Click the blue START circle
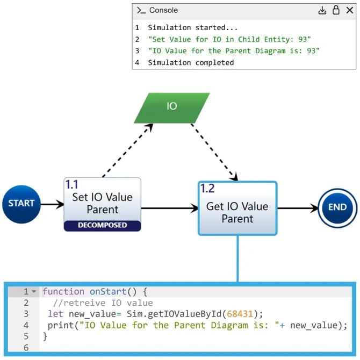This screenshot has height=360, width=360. [x=21, y=204]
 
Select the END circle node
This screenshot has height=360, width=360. [x=337, y=207]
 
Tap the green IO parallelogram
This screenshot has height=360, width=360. [x=171, y=106]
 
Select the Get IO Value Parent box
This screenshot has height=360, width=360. [x=237, y=212]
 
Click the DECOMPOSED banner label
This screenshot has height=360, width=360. [x=102, y=225]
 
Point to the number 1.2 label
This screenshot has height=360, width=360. [x=207, y=189]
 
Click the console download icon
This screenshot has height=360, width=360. [x=322, y=10]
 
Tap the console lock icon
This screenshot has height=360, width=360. [x=336, y=10]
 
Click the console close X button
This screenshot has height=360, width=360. [x=349, y=10]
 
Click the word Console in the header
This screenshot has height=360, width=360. [x=163, y=10]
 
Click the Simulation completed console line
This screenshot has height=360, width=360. [x=191, y=62]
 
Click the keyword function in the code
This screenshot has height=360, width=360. [x=63, y=292]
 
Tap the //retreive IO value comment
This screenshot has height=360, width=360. [x=103, y=303]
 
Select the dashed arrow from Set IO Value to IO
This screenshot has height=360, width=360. [x=127, y=150]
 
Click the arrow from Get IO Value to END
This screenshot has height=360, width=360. [x=298, y=207]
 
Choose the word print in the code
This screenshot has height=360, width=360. [x=59, y=325]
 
